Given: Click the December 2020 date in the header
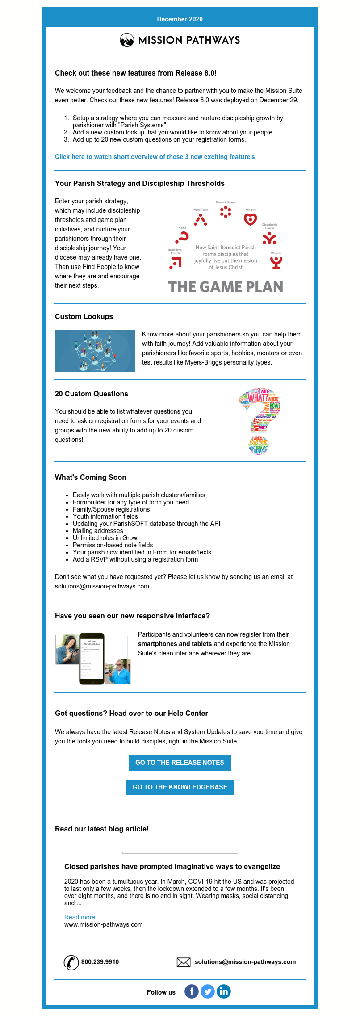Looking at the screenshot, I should tap(180, 19).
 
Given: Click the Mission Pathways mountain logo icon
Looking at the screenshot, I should tap(127, 41).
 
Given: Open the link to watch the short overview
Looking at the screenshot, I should tap(155, 157).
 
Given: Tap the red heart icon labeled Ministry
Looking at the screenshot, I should tap(250, 219).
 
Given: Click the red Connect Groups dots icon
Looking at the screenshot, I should tap(226, 212).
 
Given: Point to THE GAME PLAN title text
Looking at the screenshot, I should tap(226, 287).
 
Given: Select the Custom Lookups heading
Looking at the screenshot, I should tap(84, 316).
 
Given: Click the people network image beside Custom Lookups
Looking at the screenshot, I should tap(95, 351).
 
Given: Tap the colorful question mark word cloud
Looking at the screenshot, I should tap(260, 421).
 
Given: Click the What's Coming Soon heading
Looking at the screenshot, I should tap(91, 477).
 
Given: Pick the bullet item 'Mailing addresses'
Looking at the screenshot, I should tap(98, 531).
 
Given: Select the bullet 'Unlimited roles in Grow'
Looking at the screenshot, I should tap(105, 538).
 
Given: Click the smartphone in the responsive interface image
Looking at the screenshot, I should tap(92, 659).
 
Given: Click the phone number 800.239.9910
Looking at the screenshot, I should tap(100, 962).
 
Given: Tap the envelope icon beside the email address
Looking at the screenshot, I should tap(184, 962).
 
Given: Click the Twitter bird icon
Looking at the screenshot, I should tap(208, 992).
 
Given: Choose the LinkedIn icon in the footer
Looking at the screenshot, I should tap(224, 992).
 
